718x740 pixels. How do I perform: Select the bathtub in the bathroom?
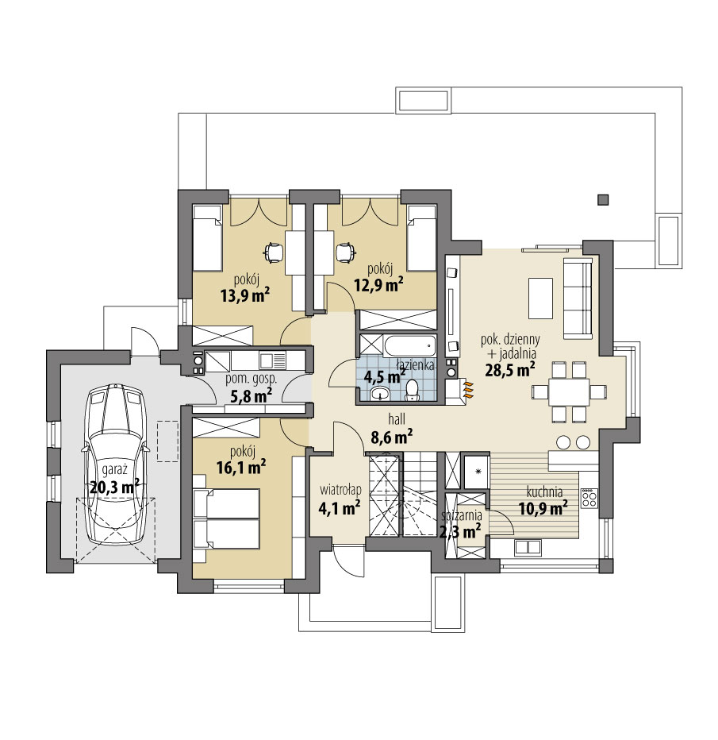pyautogui.click(x=409, y=346)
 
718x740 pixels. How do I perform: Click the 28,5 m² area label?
pyautogui.click(x=510, y=369)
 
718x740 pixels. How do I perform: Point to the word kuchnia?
pyautogui.click(x=544, y=492)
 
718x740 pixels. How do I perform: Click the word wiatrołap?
pyautogui.click(x=340, y=489)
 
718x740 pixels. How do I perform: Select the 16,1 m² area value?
pyautogui.click(x=241, y=467)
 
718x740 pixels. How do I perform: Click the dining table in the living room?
pyautogui.click(x=570, y=391)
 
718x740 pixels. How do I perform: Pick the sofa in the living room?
pyautogui.click(x=578, y=299)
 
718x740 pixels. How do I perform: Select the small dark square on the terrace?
pyautogui.click(x=602, y=199)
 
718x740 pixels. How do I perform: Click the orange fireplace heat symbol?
pyautogui.click(x=468, y=391)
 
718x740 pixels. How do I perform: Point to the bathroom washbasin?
pyautogui.click(x=380, y=393)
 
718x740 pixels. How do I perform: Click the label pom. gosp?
pyautogui.click(x=251, y=379)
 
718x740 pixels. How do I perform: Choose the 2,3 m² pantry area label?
pyautogui.click(x=460, y=532)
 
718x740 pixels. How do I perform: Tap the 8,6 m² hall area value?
pyautogui.click(x=392, y=437)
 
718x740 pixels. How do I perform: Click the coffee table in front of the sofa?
pyautogui.click(x=540, y=299)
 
